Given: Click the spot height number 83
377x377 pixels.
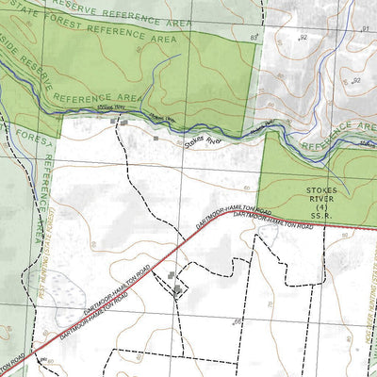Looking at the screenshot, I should (x=253, y=36).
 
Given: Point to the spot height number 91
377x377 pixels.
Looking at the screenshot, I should (x=365, y=29).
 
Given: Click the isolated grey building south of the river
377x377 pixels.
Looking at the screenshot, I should (x=156, y=138).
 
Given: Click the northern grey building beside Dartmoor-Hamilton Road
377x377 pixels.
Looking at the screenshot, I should (x=172, y=275).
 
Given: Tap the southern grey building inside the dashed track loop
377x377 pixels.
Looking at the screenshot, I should (x=177, y=290).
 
